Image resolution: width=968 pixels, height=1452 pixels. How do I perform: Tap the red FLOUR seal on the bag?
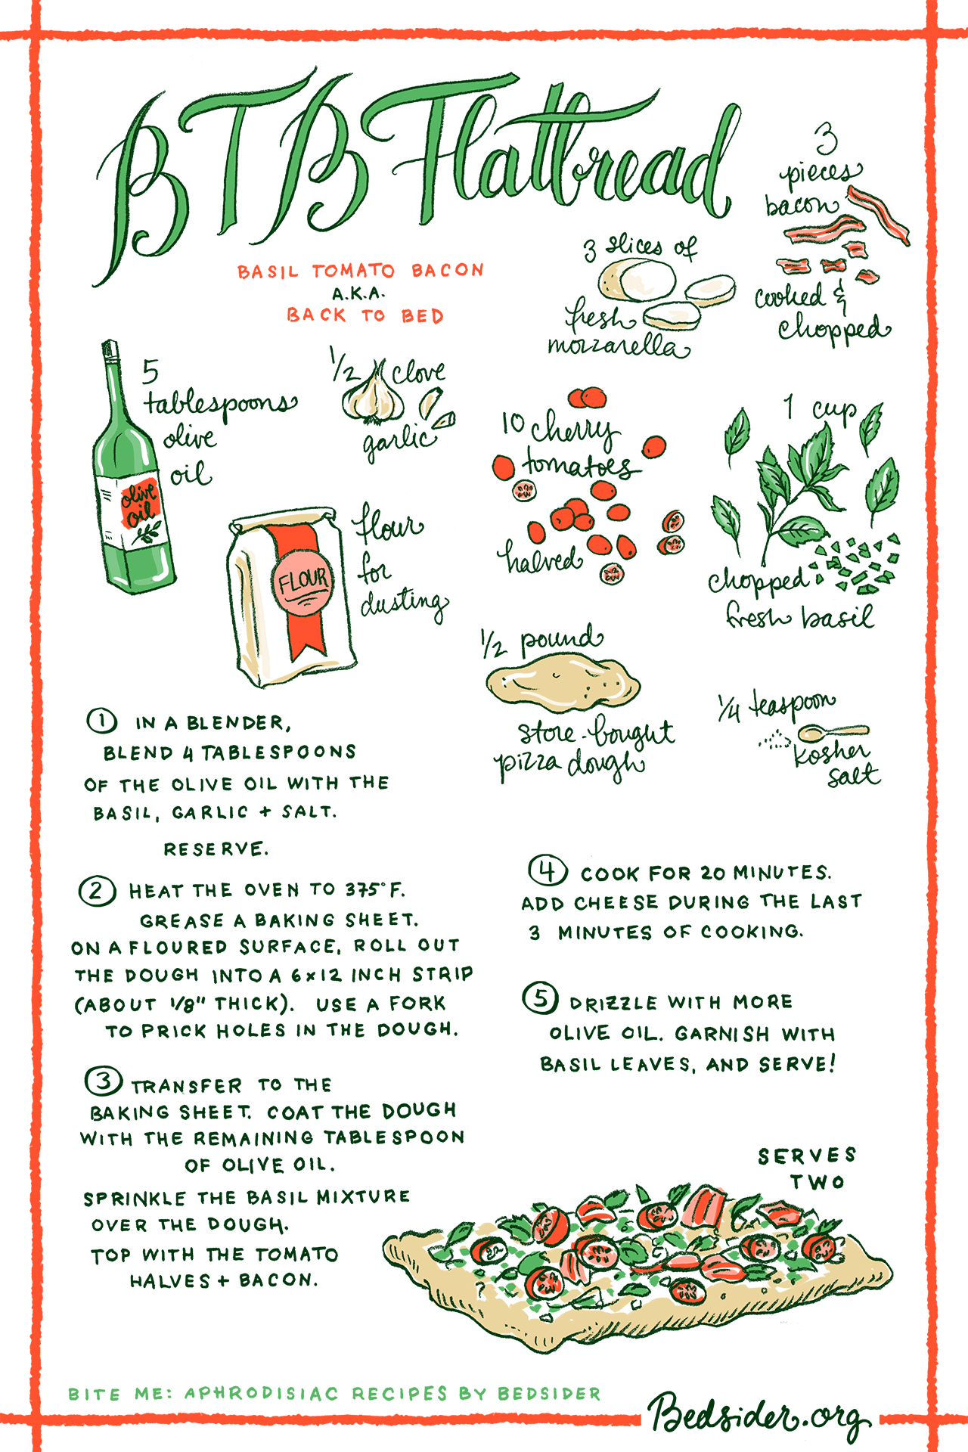pos(302,581)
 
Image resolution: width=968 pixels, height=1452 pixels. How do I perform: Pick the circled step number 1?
pos(101,721)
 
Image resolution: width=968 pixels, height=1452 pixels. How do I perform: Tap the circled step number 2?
pos(98,891)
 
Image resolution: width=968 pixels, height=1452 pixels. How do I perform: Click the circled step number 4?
pos(548,871)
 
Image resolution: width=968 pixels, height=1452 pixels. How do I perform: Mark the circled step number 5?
pos(541,998)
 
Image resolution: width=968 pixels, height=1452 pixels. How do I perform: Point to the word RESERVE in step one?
pos(216,849)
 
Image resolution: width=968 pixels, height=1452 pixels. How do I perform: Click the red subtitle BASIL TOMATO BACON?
pos(361,271)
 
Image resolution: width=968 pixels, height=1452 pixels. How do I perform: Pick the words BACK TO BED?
pos(365,315)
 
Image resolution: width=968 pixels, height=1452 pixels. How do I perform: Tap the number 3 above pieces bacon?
pos(827,140)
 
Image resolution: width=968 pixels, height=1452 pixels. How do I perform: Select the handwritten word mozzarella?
pos(618,346)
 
